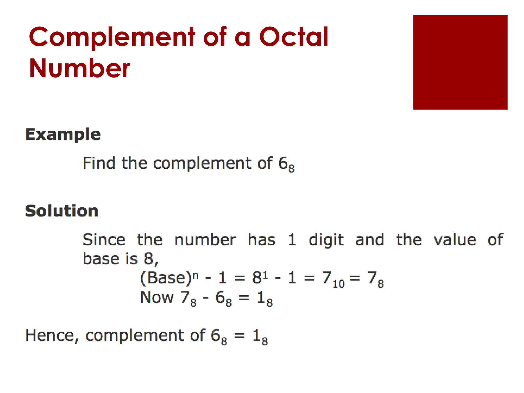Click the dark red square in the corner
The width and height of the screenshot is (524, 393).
pyautogui.click(x=460, y=62)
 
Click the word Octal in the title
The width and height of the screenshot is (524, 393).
pyautogui.click(x=293, y=37)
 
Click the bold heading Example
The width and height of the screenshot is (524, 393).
pyautogui.click(x=63, y=134)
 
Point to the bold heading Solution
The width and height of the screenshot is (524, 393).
pyautogui.click(x=62, y=211)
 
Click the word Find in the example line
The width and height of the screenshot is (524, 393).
pyautogui.click(x=99, y=163)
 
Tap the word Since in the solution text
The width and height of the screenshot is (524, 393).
pyautogui.click(x=104, y=240)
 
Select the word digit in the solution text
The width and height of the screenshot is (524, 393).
pyautogui.click(x=326, y=240)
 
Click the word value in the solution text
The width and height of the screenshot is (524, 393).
pyautogui.click(x=455, y=240)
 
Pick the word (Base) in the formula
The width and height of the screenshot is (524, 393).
pyautogui.click(x=166, y=278)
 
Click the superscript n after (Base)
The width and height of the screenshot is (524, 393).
pyautogui.click(x=195, y=275)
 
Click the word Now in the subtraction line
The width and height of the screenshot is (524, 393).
pyautogui.click(x=157, y=297)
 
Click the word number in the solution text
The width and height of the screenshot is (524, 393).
pyautogui.click(x=205, y=240)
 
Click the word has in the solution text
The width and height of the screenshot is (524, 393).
pyautogui.click(x=261, y=240)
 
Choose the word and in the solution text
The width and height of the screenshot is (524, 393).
pyautogui.click(x=369, y=240)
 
